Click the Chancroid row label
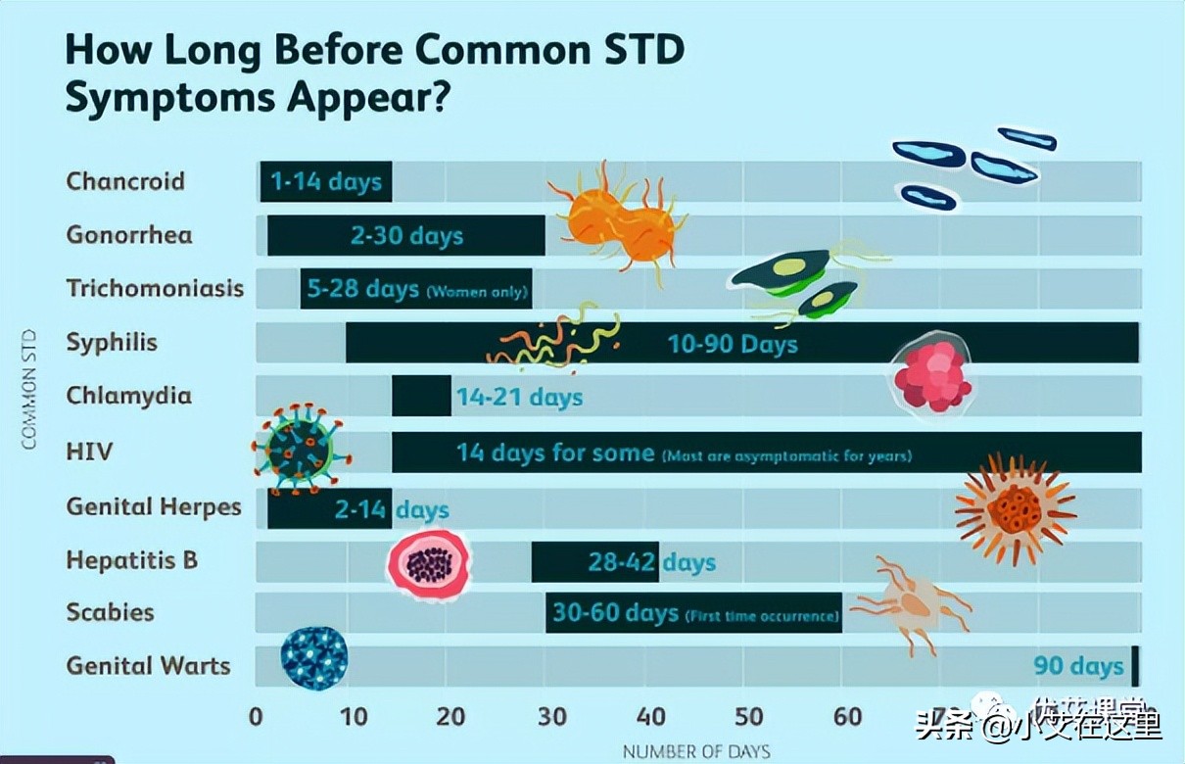[x=125, y=181]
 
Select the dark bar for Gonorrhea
[x=406, y=235]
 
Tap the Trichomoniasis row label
[x=155, y=289]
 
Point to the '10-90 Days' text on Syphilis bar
[x=733, y=344]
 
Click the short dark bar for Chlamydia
[x=421, y=396]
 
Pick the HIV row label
[x=89, y=452]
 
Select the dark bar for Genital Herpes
[x=329, y=508]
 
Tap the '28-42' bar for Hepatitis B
[x=595, y=562]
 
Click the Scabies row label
[x=111, y=612]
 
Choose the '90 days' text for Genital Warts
[x=1078, y=666]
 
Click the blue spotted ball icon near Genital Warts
[x=313, y=658]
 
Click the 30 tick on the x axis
[x=552, y=716]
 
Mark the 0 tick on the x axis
[x=257, y=716]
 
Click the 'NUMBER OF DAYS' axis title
[x=696, y=752]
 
